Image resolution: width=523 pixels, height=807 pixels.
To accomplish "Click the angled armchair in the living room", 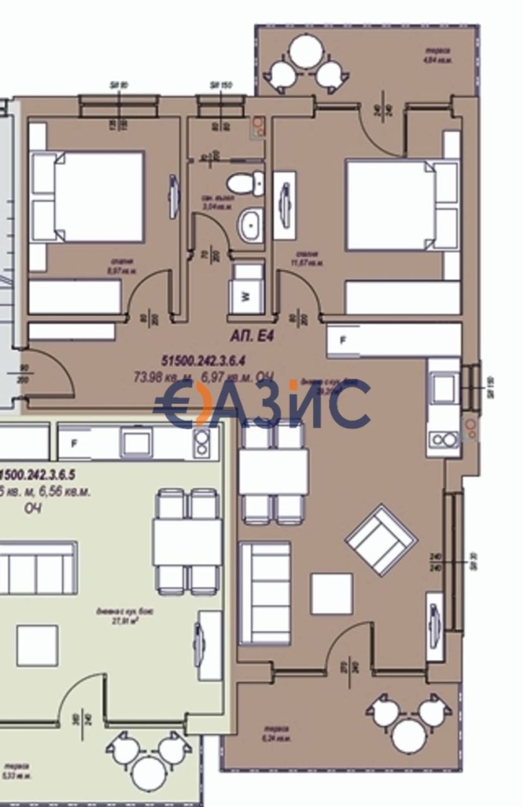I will click(x=380, y=539).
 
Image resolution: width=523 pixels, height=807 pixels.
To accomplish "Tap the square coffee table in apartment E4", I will click(x=331, y=593).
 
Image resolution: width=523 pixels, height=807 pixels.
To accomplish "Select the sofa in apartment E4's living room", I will click(x=264, y=592).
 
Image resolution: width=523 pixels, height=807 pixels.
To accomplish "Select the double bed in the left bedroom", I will click(x=98, y=196).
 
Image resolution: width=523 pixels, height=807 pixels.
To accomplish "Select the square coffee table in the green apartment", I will click(x=37, y=645).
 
